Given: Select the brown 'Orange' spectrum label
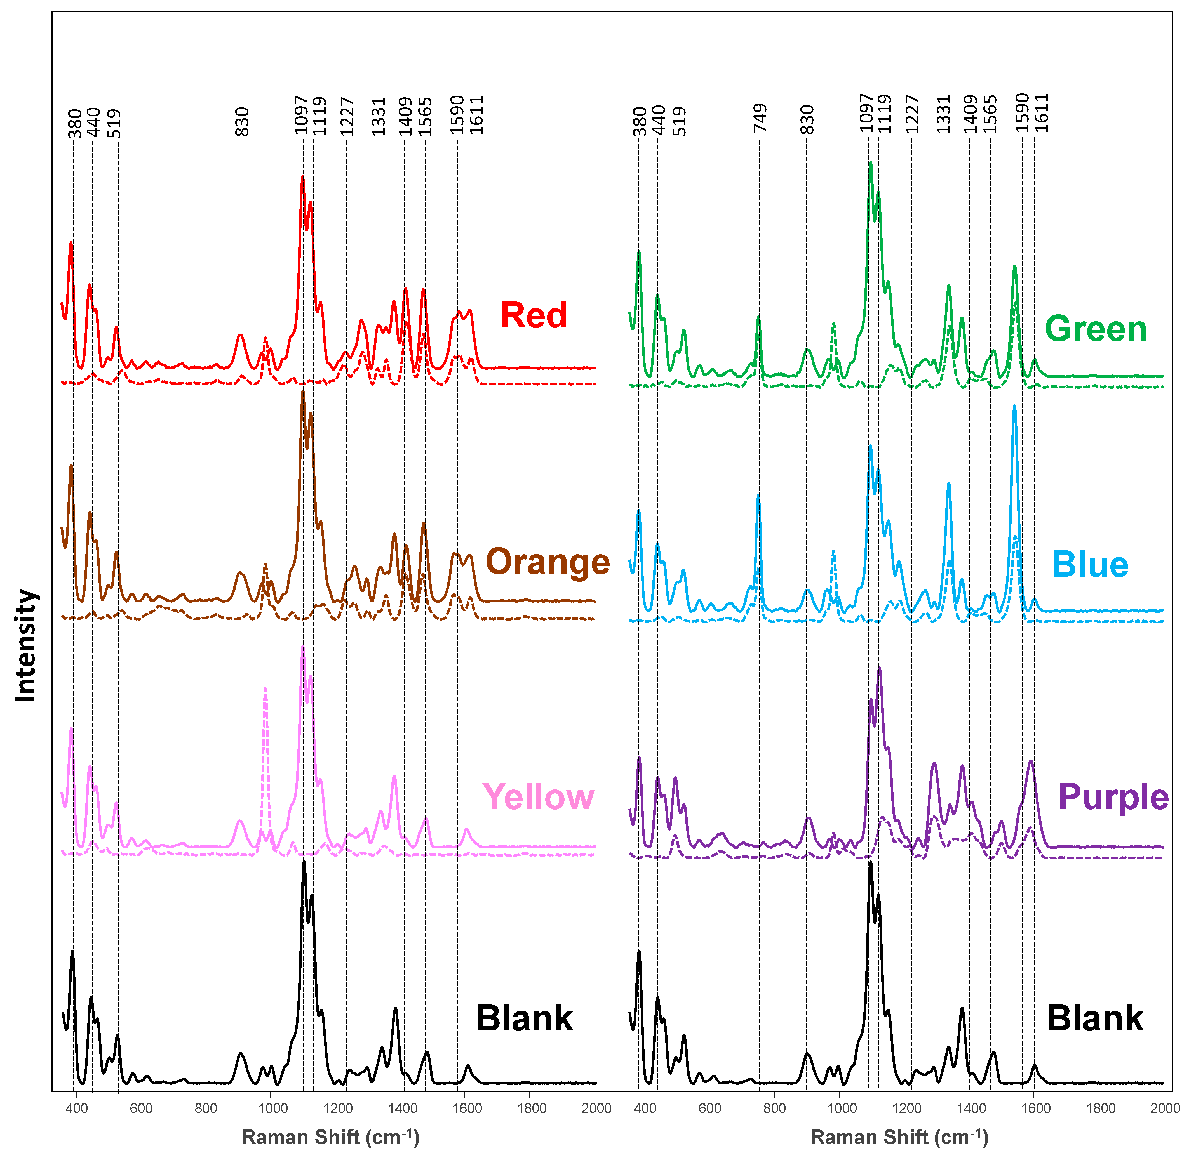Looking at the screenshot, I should coord(548,561).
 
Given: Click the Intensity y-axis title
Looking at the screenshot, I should coord(25,645).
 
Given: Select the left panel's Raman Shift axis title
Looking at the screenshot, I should coord(330,1137).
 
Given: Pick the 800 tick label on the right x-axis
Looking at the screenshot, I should coord(774,1108).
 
